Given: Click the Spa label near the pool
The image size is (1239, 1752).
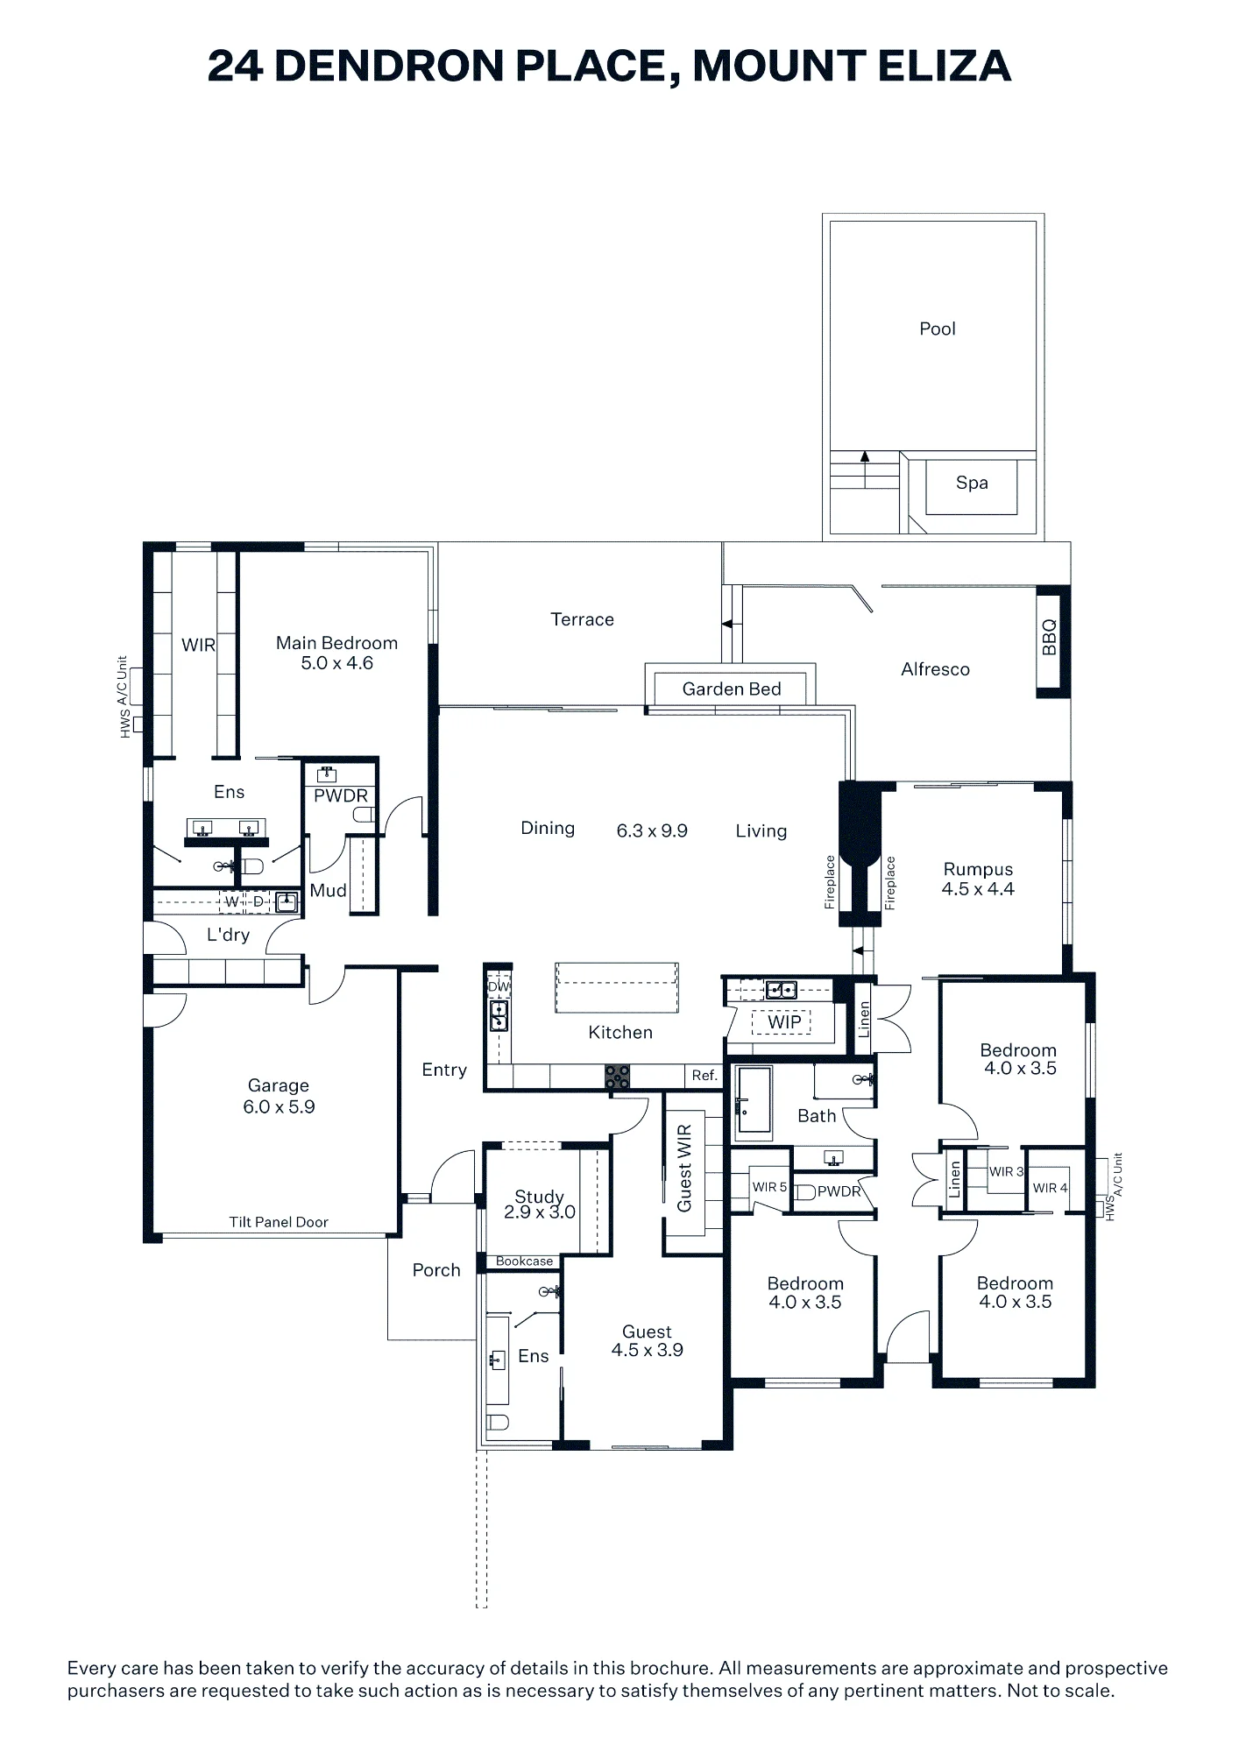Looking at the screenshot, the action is pyautogui.click(x=972, y=483).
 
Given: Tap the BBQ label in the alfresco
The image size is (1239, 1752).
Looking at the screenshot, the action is pyautogui.click(x=1050, y=638).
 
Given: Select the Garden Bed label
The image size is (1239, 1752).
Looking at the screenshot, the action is pyautogui.click(x=732, y=689).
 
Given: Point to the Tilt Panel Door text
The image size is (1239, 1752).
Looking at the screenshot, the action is pyautogui.click(x=279, y=1222).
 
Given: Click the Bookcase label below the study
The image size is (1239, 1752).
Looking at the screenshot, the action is pyautogui.click(x=525, y=1261).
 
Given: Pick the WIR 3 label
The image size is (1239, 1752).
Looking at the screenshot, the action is pyautogui.click(x=1006, y=1171).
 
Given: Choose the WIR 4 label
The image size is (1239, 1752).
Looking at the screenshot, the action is pyautogui.click(x=1050, y=1188).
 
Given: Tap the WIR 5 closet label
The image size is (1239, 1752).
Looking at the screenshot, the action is pyautogui.click(x=769, y=1187).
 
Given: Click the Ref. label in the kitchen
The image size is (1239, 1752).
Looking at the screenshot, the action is pyautogui.click(x=704, y=1075).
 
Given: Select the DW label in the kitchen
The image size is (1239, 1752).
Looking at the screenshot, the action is pyautogui.click(x=499, y=987).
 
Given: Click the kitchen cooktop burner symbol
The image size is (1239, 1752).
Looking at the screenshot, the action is pyautogui.click(x=618, y=1077).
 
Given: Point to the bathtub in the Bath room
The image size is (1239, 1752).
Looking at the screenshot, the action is pyautogui.click(x=753, y=1102).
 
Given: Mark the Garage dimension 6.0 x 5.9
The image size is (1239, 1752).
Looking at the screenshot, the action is pyautogui.click(x=279, y=1107).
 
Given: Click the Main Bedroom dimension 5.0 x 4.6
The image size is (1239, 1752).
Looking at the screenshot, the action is pyautogui.click(x=337, y=663).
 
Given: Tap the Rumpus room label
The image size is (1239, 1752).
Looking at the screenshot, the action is pyautogui.click(x=978, y=870).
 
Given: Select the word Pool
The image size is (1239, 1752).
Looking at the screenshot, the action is pyautogui.click(x=938, y=329).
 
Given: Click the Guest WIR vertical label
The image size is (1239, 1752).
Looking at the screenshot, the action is pyautogui.click(x=684, y=1168).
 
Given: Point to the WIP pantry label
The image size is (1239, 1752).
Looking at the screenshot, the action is pyautogui.click(x=784, y=1022).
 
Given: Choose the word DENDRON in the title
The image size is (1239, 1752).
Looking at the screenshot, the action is pyautogui.click(x=390, y=66).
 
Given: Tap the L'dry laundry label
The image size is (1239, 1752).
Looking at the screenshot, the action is pyautogui.click(x=228, y=936).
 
